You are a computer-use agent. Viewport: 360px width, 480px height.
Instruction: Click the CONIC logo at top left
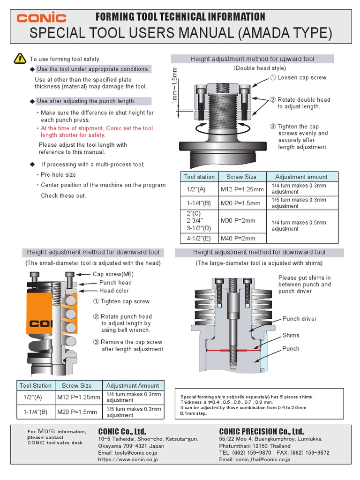pyautogui.click(x=41, y=18)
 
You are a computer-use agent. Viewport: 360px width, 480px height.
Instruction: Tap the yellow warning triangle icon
pyautogui.click(x=20, y=58)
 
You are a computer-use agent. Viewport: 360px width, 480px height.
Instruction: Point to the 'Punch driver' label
pyautogui.click(x=300, y=319)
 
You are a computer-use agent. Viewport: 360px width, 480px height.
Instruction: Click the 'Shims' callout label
pyautogui.click(x=291, y=335)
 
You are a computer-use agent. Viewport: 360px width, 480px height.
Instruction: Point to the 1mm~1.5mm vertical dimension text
pyautogui.click(x=174, y=86)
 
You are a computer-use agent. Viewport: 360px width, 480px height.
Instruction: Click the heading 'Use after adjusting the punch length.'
pyautogui.click(x=86, y=101)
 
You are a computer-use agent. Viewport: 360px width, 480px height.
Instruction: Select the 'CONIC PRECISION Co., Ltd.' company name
pyautogui.click(x=262, y=431)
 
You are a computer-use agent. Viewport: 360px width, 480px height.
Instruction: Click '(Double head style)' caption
pyautogui.click(x=253, y=68)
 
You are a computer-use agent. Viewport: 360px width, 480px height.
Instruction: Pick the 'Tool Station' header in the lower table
pyautogui.click(x=36, y=385)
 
